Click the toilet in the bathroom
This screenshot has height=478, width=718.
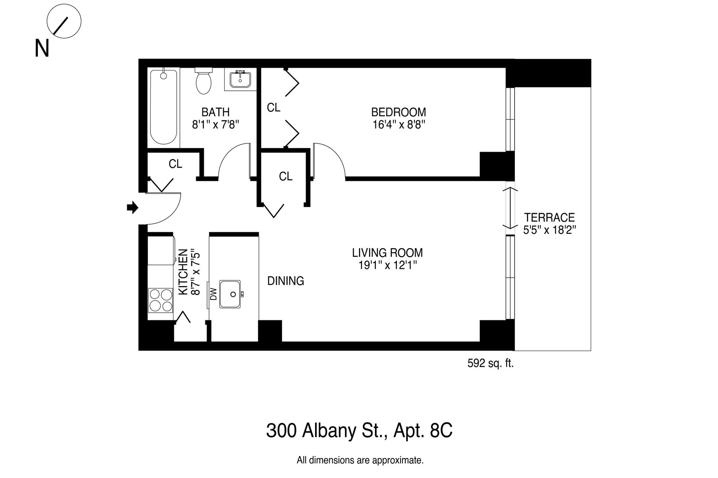click(204, 82)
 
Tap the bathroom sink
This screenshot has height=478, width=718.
click(240, 80)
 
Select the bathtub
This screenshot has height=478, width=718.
click(163, 106)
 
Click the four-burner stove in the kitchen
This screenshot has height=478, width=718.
click(160, 300)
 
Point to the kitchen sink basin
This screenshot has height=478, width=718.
click(230, 294)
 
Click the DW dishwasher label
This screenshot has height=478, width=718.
click(213, 294)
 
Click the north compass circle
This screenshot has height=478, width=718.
click(64, 21)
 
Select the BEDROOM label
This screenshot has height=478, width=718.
click(398, 112)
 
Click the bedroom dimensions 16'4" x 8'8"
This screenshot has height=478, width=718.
click(398, 125)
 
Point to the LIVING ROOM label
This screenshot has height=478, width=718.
click(387, 253)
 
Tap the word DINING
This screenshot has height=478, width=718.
click(286, 281)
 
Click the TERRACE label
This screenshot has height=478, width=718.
click(549, 217)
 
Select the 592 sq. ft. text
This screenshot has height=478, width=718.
click(490, 363)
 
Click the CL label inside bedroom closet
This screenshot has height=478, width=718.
click(274, 108)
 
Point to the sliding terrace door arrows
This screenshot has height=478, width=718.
click(509, 208)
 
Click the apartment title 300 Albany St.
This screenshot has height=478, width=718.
click(359, 431)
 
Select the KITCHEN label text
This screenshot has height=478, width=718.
click(183, 272)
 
